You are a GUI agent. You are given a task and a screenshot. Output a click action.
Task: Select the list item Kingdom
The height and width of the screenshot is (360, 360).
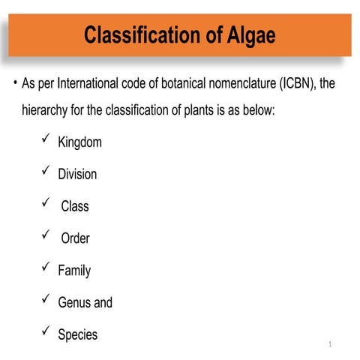79,142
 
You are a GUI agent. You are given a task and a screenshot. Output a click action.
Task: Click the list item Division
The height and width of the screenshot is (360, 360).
77,174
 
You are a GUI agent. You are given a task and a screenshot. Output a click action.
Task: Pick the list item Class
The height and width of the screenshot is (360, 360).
75,206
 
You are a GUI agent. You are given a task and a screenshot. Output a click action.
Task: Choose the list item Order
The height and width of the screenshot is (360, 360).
75,238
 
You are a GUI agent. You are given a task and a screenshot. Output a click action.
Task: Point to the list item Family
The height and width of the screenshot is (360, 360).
74,271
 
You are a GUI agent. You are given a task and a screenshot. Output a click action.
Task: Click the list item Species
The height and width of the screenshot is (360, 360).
77,334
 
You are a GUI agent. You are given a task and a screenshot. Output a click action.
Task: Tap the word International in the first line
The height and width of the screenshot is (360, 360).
97,83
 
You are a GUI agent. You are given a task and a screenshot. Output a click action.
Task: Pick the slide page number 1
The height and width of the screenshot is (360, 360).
329,344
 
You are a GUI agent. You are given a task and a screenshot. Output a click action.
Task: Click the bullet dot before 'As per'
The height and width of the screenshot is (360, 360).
14,82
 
